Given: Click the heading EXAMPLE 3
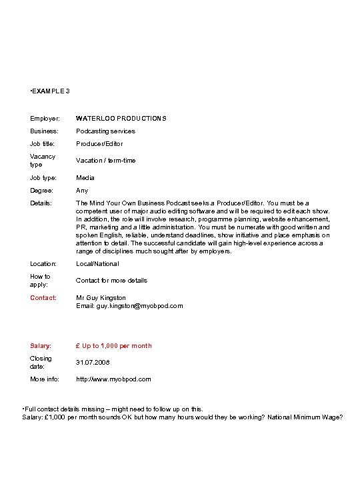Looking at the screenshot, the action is click(x=51, y=91).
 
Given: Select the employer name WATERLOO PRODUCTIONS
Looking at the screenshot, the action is click(x=121, y=119).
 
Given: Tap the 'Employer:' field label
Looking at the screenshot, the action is click(x=45, y=119).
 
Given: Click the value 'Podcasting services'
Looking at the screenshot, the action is click(x=105, y=131).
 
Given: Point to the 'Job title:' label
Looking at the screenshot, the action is click(x=43, y=144).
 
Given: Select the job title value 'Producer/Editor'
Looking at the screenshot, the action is click(x=99, y=144).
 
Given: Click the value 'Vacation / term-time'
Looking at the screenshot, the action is click(x=106, y=161).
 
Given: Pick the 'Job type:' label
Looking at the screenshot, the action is click(x=43, y=178).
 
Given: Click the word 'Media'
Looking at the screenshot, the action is click(x=85, y=178).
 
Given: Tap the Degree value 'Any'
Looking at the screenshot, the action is click(x=82, y=191).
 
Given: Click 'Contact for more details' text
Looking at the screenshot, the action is click(x=111, y=281).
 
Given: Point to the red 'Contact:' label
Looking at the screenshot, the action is click(x=43, y=298).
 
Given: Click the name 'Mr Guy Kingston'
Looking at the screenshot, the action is click(x=101, y=298).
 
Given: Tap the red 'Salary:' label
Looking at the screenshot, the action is click(x=41, y=346).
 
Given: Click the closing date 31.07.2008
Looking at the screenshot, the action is click(x=93, y=363).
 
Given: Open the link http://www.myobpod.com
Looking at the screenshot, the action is click(x=113, y=379).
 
